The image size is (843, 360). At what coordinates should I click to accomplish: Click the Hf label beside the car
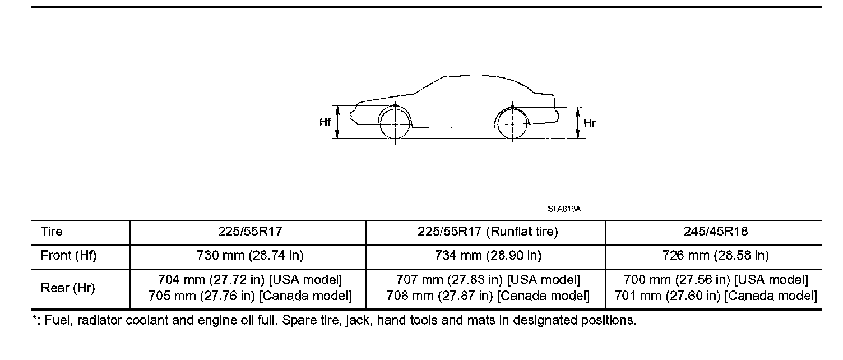[325, 122]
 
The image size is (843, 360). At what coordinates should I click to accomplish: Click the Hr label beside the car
[589, 123]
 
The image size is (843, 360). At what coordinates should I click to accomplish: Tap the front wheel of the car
[395, 124]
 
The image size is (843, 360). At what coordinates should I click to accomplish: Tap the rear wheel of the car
[512, 124]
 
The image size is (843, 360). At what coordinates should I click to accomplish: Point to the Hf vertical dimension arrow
[338, 122]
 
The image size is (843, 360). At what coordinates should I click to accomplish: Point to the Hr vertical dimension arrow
[578, 123]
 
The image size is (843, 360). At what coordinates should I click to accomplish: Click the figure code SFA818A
[564, 209]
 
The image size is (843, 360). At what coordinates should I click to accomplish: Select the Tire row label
[52, 232]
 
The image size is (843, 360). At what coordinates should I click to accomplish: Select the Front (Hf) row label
[68, 256]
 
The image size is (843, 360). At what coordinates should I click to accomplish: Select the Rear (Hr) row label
[68, 288]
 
